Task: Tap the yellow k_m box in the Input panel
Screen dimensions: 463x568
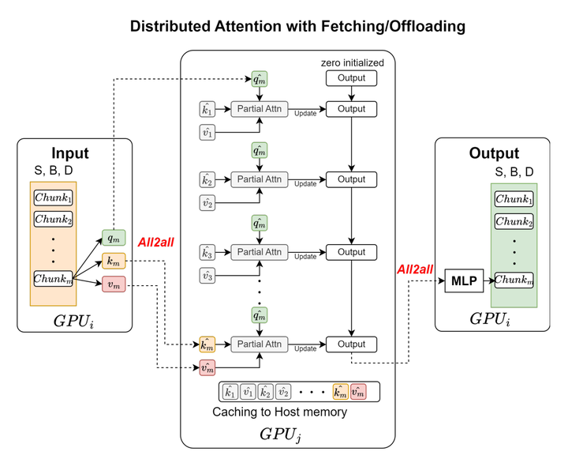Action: [112, 261]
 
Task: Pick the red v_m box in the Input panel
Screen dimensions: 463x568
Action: [112, 284]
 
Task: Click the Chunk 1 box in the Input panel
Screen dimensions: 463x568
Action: [54, 198]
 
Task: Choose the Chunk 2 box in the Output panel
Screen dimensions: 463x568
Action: [514, 221]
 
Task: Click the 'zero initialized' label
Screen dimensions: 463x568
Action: [351, 62]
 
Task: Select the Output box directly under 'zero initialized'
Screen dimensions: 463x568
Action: [351, 78]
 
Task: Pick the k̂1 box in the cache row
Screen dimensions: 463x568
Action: [230, 391]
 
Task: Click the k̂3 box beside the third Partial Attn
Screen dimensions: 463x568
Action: [208, 254]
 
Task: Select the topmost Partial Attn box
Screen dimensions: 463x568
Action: [260, 107]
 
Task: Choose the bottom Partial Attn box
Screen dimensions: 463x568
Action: [260, 344]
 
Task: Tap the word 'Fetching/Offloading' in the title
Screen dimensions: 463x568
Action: [393, 26]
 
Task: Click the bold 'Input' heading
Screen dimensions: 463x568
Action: [70, 153]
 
